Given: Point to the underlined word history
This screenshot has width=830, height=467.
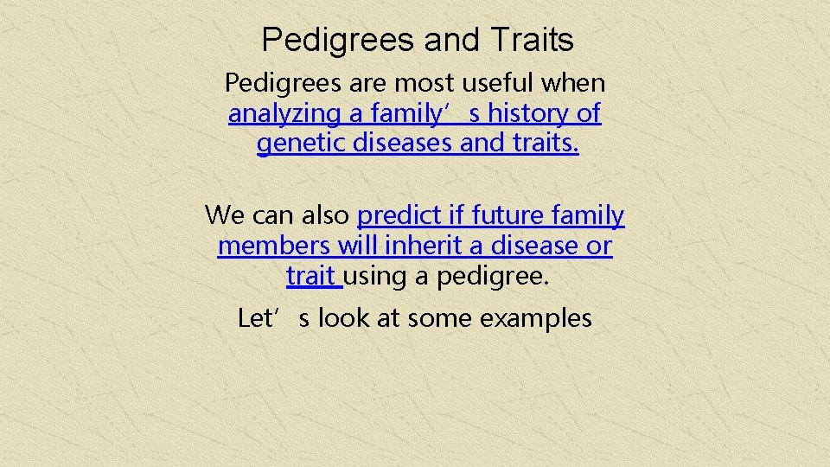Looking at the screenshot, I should click(528, 113).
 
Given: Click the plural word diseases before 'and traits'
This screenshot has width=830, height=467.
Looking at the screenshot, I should click(403, 144).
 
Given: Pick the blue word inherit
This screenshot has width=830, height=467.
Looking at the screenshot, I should click(423, 246).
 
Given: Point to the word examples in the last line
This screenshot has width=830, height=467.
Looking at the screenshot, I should click(536, 318).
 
